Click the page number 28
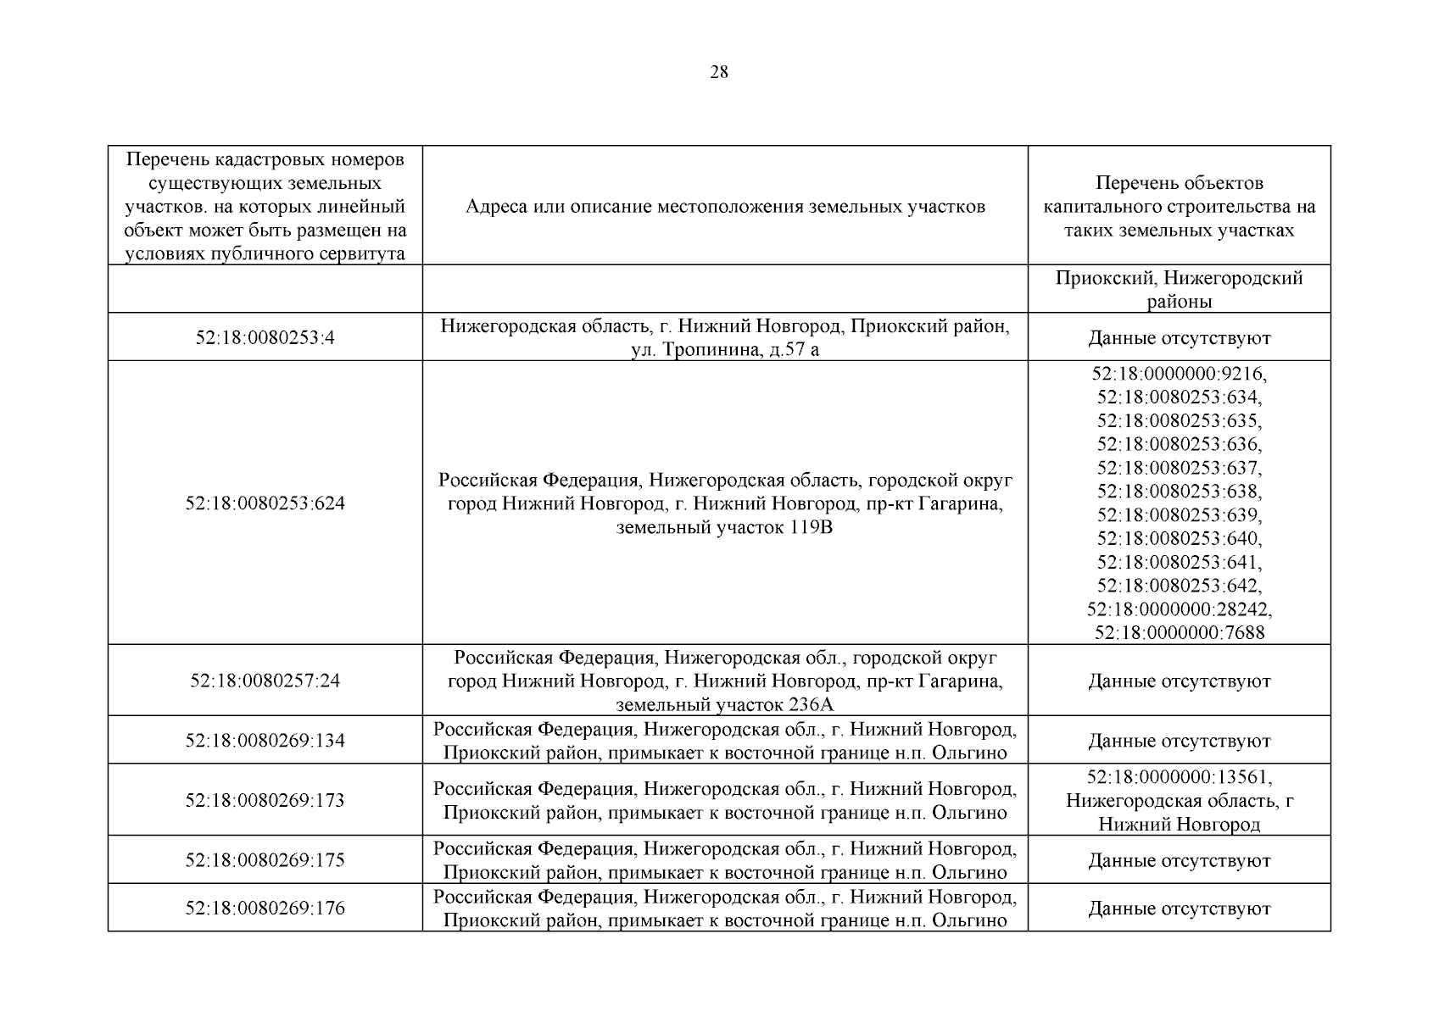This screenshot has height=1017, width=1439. coord(718,72)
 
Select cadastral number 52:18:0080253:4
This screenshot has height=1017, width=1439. coord(265,337)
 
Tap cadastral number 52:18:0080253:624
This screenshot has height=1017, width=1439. coord(265,503)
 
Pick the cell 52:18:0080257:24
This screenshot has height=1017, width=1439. coord(265,681)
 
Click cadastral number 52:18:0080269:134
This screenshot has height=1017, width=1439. coord(265,741)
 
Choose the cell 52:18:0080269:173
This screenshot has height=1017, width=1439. coord(265,800)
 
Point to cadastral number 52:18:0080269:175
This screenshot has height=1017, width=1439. coord(265,860)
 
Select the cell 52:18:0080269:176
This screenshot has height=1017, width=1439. coord(265,909)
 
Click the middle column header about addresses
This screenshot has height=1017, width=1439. coord(725,207)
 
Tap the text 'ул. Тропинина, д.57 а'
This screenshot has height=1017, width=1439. coord(725,349)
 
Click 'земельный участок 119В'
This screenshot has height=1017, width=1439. coord(725,529)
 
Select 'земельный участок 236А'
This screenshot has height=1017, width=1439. coord(725,705)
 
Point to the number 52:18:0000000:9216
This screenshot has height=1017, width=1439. coord(1179,373)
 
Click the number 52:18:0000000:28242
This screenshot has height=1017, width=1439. coord(1179,609)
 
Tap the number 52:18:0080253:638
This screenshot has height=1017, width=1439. coord(1179,492)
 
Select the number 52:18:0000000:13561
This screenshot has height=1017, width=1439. coord(1179,777)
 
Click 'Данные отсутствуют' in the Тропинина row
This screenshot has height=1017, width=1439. coord(1179,338)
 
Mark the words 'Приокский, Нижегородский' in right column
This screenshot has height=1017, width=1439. coord(1179,278)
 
